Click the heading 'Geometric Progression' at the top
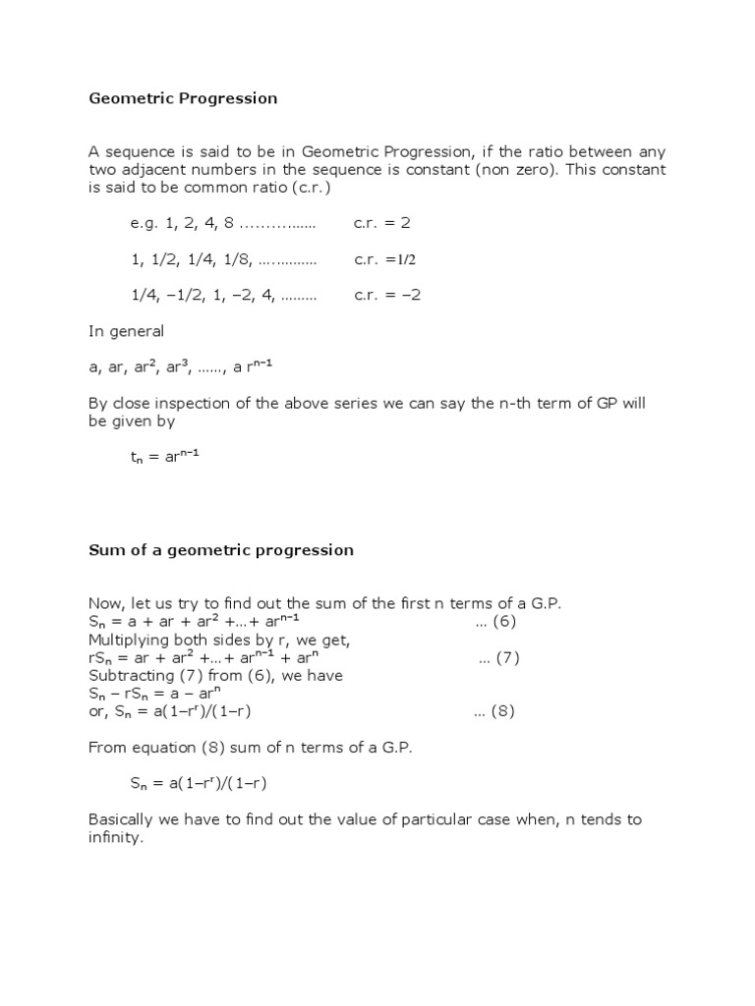(x=183, y=98)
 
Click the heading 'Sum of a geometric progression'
(x=220, y=550)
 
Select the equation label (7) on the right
(x=498, y=658)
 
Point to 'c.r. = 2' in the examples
(x=382, y=223)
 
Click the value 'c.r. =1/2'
(x=385, y=259)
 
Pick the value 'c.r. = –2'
(x=387, y=295)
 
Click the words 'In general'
(x=126, y=331)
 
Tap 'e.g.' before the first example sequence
(x=144, y=223)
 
